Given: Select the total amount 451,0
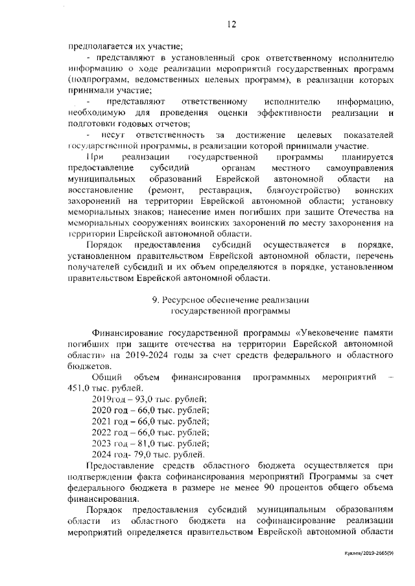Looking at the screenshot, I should pos(79,388).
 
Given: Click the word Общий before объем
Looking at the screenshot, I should pos(105,377).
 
